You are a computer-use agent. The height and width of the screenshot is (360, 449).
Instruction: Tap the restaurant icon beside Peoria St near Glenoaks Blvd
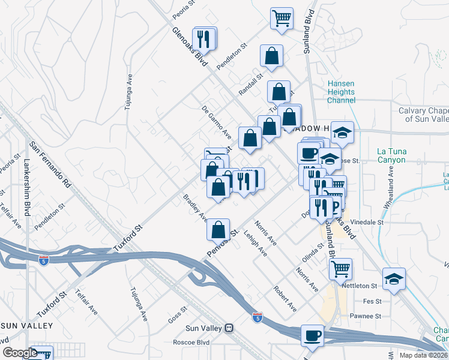point(203,38)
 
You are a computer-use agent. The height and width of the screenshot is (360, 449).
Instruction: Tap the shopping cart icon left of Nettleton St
point(340,268)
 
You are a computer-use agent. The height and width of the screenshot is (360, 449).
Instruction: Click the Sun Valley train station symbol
point(228,328)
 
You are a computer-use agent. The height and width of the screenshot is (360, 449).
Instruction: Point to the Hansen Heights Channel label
point(341,92)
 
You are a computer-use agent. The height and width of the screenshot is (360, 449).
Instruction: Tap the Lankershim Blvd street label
point(26,179)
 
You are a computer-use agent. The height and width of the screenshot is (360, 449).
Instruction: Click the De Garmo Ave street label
point(217,119)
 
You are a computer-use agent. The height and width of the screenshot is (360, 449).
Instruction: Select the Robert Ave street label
point(285,298)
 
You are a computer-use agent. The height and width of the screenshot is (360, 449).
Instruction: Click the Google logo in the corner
point(19,353)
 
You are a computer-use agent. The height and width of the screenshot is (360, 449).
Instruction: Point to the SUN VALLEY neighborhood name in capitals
point(27,325)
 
